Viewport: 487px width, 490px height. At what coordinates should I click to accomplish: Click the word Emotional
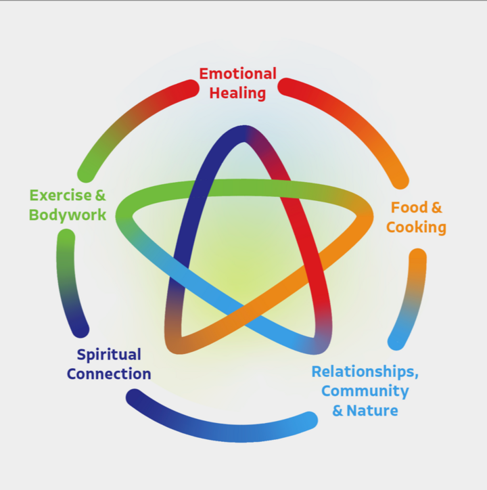click(237, 74)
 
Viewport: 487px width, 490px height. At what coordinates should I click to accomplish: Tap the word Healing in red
click(237, 93)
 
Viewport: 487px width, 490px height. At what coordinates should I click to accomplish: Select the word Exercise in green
click(60, 196)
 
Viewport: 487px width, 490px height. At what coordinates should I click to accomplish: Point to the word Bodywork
click(68, 215)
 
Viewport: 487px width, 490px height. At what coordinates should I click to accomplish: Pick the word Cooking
click(416, 227)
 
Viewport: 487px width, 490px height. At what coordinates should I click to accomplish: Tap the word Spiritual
click(108, 355)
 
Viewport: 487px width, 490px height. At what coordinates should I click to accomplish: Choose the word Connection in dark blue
click(108, 374)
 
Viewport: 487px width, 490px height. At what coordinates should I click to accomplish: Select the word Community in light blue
click(365, 391)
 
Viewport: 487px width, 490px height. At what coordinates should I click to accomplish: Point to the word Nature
click(372, 410)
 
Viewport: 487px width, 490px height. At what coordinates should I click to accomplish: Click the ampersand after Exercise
click(100, 196)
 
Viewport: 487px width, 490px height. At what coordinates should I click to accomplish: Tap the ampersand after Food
click(436, 208)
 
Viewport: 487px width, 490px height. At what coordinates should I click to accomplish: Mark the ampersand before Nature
click(338, 410)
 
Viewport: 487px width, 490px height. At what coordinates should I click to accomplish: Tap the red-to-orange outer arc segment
click(352, 122)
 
